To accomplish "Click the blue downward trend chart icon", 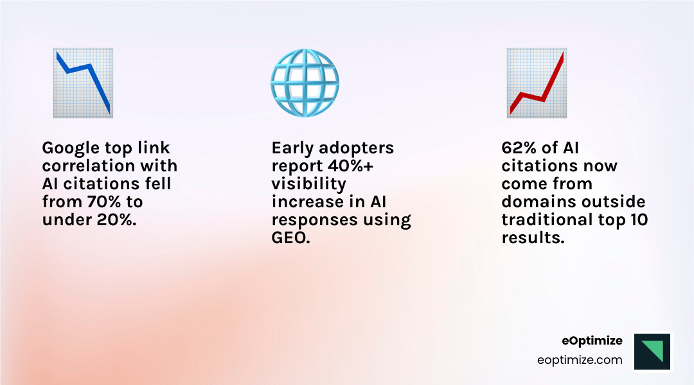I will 83,83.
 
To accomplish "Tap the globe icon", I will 305,83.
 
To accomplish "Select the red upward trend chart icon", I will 536,83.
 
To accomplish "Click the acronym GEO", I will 290,239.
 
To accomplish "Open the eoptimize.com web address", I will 580,360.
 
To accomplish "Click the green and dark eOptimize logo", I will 652,351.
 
